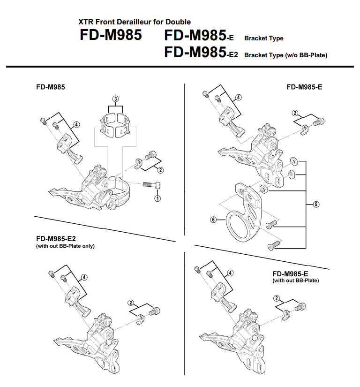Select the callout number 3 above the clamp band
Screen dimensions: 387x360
tap(116, 99)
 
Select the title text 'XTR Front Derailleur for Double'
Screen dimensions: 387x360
tap(135, 22)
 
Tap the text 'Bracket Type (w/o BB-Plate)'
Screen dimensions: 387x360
tap(285, 55)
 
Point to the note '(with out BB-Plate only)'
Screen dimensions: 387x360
tap(65, 246)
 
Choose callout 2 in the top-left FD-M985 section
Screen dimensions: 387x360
tap(161, 170)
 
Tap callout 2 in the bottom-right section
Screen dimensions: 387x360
tap(277, 298)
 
